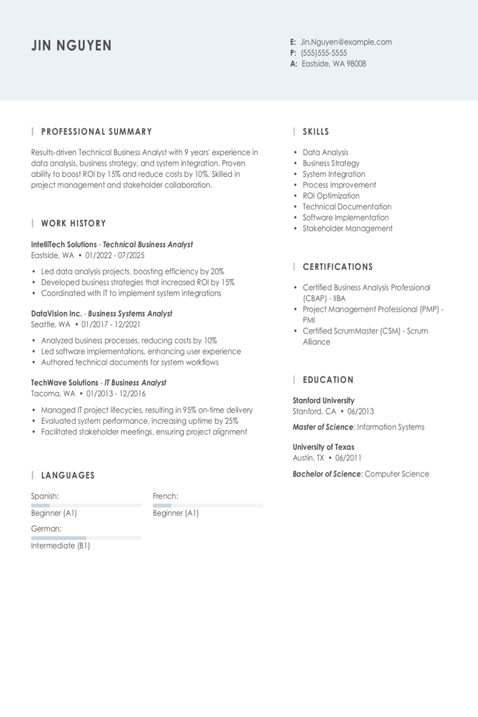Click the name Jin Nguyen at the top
click(72, 45)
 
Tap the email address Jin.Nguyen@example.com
click(346, 42)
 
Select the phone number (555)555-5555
click(324, 53)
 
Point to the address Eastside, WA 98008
click(334, 63)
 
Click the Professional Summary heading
click(96, 132)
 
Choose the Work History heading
click(73, 223)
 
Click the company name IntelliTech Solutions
click(63, 245)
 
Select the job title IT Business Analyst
click(135, 383)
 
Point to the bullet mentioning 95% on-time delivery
click(147, 410)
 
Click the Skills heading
click(316, 132)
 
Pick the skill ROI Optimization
click(331, 196)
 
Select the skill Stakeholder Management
click(347, 228)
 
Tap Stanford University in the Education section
click(323, 401)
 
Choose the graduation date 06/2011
click(348, 458)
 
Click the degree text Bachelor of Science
click(326, 474)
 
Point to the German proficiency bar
click(86, 537)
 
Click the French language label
click(166, 496)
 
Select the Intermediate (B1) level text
click(60, 546)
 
